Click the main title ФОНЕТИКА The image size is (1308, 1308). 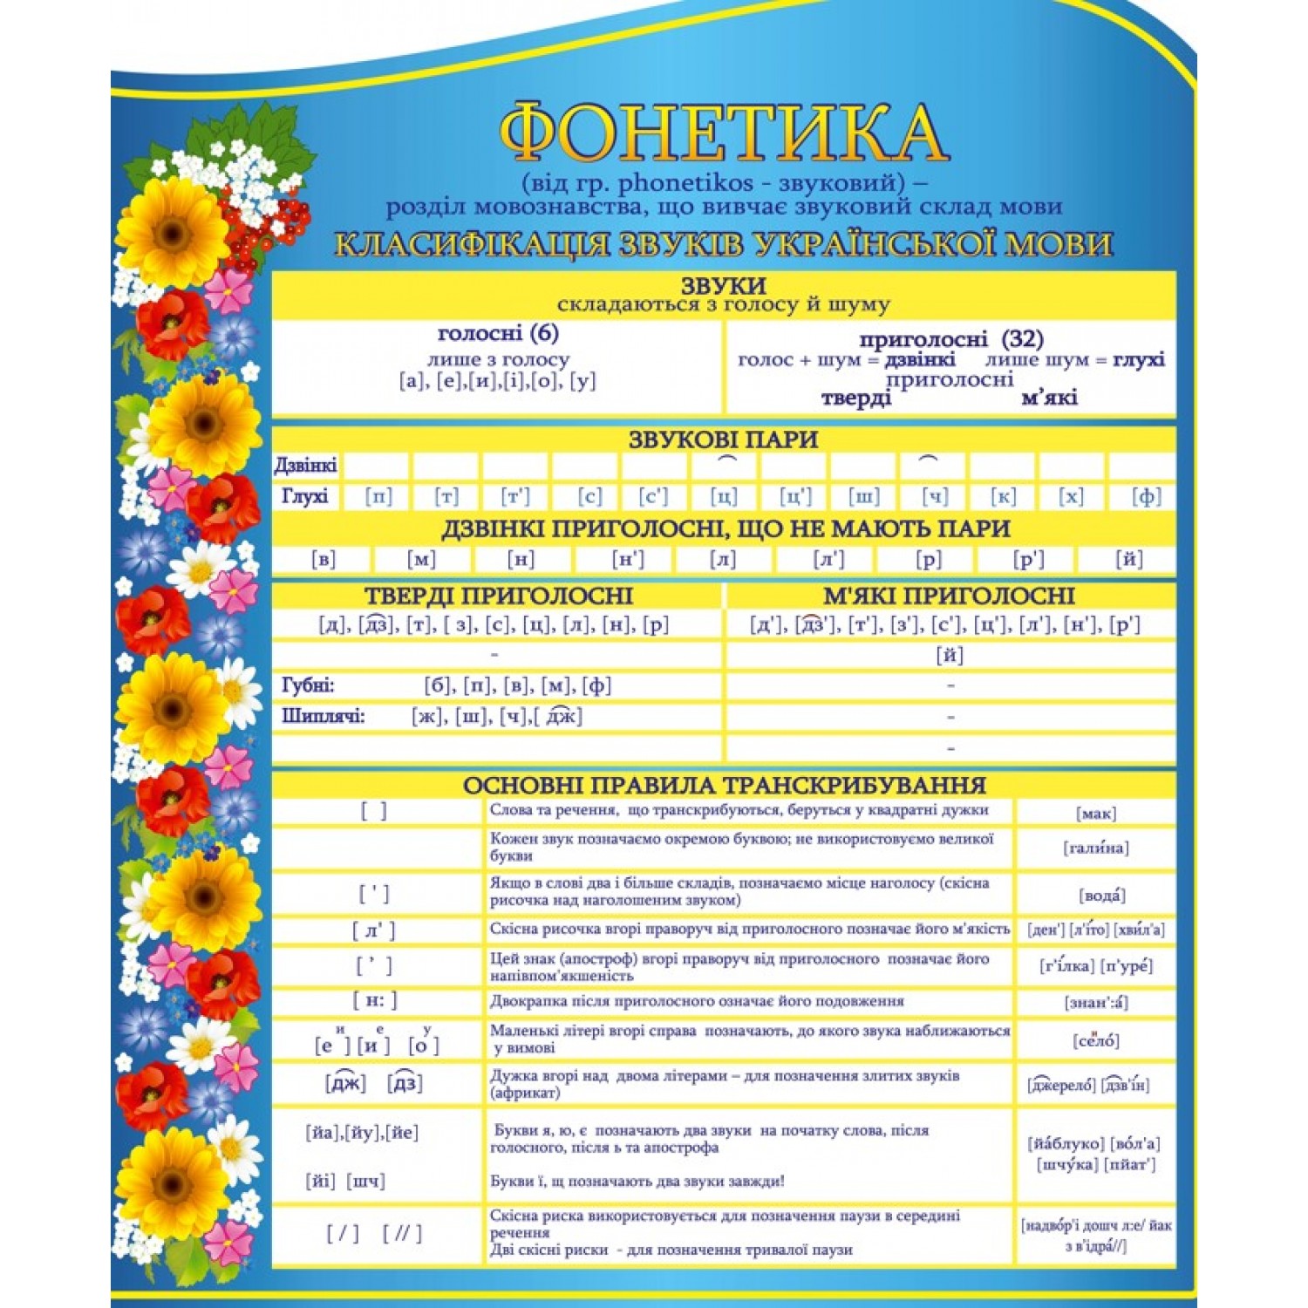(x=723, y=133)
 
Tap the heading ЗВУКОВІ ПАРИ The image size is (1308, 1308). (x=723, y=439)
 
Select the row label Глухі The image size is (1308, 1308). (x=305, y=497)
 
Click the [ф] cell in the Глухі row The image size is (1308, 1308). (x=1146, y=497)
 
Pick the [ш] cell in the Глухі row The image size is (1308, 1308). (x=864, y=497)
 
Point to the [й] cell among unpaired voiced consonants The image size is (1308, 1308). (x=1129, y=560)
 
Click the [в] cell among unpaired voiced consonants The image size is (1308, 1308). (x=324, y=560)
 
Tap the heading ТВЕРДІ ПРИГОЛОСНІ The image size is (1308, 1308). (x=498, y=596)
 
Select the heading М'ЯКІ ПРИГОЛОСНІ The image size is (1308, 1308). (x=949, y=596)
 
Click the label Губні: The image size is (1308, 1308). (x=308, y=686)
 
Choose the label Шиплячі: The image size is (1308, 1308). (x=324, y=717)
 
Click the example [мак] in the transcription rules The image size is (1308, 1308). (x=1096, y=814)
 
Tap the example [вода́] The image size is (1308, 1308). (x=1101, y=896)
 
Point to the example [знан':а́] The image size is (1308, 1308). (x=1096, y=1003)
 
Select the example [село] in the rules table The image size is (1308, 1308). (x=1096, y=1041)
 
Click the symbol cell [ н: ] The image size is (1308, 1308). (x=375, y=1001)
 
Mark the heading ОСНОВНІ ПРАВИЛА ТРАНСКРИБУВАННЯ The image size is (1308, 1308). (x=724, y=786)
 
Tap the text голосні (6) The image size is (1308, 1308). (x=498, y=333)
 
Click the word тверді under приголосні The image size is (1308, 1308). (x=856, y=399)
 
